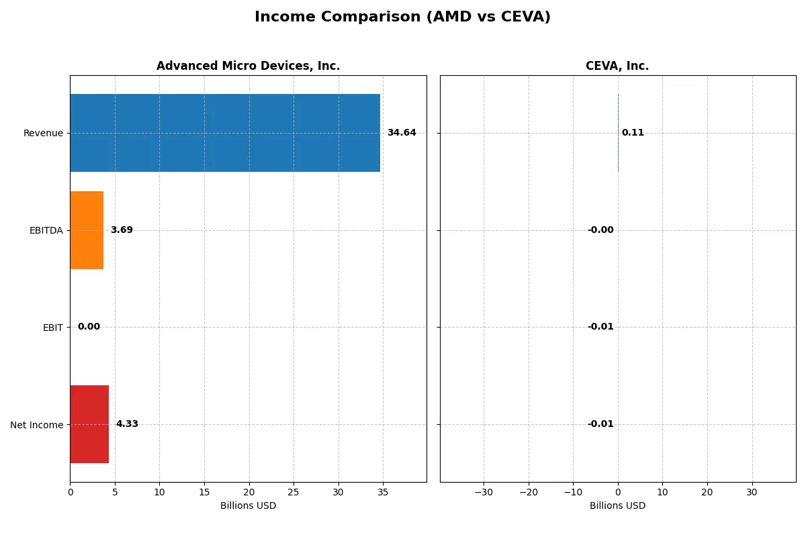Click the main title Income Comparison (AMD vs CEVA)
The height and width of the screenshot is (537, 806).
pyautogui.click(x=402, y=17)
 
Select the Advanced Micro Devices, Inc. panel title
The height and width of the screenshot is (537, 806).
pyautogui.click(x=248, y=66)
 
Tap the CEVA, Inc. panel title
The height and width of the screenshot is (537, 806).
pyautogui.click(x=617, y=66)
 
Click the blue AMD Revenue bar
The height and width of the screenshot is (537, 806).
pyautogui.click(x=225, y=133)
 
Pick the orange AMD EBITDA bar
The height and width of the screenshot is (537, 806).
pyautogui.click(x=87, y=230)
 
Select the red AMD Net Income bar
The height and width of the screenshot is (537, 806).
pyautogui.click(x=89, y=424)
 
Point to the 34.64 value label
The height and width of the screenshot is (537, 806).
pyautogui.click(x=402, y=133)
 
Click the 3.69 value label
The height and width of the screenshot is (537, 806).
pyautogui.click(x=122, y=230)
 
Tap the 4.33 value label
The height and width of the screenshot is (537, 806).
pyautogui.click(x=127, y=424)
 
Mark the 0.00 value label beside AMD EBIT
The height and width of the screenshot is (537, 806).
pyautogui.click(x=89, y=327)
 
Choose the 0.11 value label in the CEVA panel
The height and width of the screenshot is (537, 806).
pyautogui.click(x=633, y=133)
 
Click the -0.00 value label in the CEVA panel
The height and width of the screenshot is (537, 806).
pyautogui.click(x=600, y=230)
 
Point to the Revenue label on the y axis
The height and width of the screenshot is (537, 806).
pyautogui.click(x=43, y=134)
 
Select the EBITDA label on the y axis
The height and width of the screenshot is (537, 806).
pyautogui.click(x=46, y=231)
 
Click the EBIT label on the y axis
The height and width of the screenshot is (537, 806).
pyautogui.click(x=52, y=328)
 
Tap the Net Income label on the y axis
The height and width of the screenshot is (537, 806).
pyautogui.click(x=36, y=425)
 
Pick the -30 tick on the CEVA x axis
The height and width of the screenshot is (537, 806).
pyautogui.click(x=484, y=492)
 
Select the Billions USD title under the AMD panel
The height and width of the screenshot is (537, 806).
pyautogui.click(x=248, y=506)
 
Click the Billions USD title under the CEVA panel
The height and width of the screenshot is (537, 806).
pyautogui.click(x=617, y=506)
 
